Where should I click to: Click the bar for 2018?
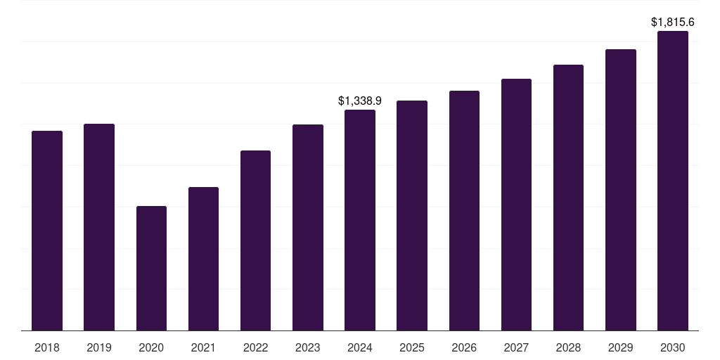tap(47, 231)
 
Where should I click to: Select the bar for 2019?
tap(99, 227)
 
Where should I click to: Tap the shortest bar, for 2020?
tap(151, 268)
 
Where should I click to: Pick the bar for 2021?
tap(203, 259)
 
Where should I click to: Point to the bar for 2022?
tap(255, 240)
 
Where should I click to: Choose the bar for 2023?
tap(308, 227)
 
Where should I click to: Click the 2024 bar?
tap(360, 220)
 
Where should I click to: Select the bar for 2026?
tap(464, 210)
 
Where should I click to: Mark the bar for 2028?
tap(568, 198)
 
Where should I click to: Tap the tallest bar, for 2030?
tap(673, 181)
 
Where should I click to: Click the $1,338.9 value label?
tap(360, 101)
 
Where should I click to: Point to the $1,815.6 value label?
tap(673, 22)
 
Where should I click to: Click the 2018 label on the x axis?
tap(47, 347)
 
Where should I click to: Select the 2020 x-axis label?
tap(151, 347)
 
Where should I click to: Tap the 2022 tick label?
tap(255, 347)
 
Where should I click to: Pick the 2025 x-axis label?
tap(412, 347)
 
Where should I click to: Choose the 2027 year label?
tap(516, 347)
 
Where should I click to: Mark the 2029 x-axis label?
tap(621, 347)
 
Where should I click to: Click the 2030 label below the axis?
tap(673, 347)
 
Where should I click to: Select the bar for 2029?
tap(621, 190)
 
